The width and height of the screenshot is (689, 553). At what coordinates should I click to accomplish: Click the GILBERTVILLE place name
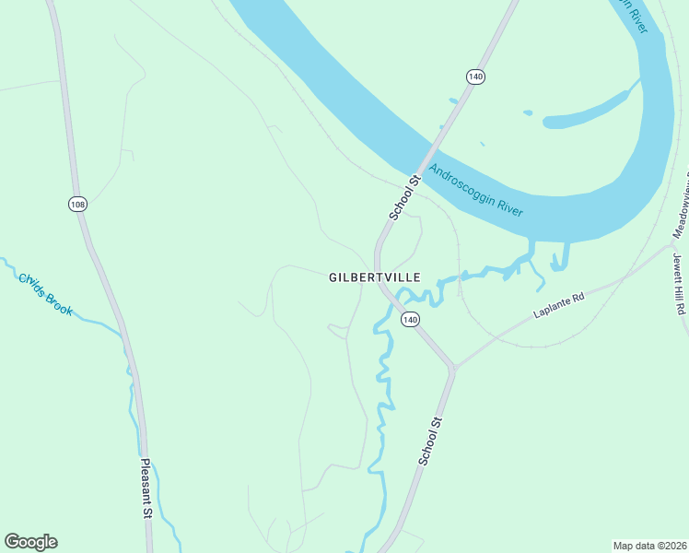[375, 276]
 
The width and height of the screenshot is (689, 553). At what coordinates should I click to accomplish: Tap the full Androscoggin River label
[476, 192]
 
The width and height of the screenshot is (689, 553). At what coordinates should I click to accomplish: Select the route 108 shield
[77, 204]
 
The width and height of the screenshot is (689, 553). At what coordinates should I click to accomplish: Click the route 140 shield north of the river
[475, 76]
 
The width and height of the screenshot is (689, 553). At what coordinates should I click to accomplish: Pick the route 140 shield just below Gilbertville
[410, 320]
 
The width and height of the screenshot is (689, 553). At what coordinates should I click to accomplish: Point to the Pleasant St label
[146, 488]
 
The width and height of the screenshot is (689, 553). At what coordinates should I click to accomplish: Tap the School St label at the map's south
[431, 441]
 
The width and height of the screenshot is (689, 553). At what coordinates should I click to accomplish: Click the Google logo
[30, 542]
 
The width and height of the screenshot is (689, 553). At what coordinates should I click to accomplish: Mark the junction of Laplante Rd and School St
[452, 368]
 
